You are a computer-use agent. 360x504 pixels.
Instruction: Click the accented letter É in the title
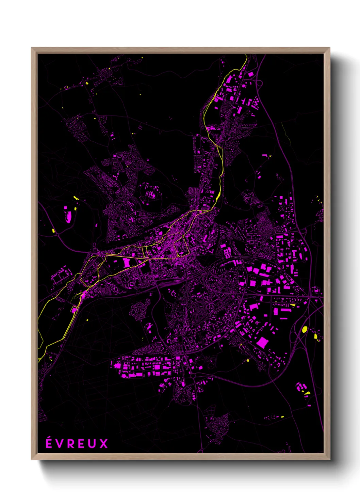(49, 443)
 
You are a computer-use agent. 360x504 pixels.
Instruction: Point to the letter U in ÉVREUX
(93, 444)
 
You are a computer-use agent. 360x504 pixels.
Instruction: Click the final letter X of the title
(104, 444)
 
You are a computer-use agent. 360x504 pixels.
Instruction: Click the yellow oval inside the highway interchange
(305, 329)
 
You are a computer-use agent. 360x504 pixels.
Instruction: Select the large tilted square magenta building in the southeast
(262, 342)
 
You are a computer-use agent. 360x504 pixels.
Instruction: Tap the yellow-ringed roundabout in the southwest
(78, 277)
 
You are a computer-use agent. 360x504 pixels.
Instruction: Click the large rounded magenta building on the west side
(68, 217)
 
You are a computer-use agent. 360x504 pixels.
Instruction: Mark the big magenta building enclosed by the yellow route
(126, 263)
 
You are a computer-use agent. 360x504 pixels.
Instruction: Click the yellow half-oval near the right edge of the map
(315, 336)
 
